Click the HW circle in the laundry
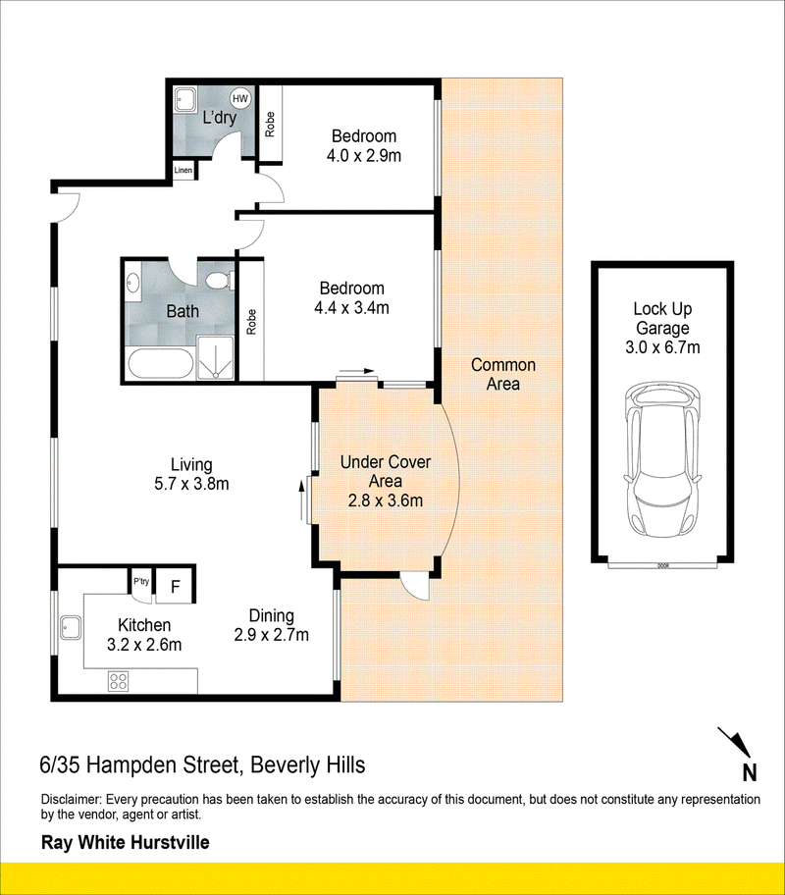(240, 98)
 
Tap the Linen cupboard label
(183, 170)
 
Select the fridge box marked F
(176, 586)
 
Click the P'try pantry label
(141, 581)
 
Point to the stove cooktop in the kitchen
(118, 680)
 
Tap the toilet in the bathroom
(219, 280)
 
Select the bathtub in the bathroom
(160, 363)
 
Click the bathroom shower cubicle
(215, 357)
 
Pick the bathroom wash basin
(133, 283)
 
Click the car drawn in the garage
(662, 459)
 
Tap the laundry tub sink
(185, 100)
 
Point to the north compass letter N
(749, 773)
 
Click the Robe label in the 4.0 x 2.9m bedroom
(270, 124)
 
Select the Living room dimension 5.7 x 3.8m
(191, 484)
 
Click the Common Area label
(503, 375)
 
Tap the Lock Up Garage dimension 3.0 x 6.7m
(662, 347)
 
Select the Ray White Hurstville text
(125, 842)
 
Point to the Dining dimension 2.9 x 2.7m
(271, 635)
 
